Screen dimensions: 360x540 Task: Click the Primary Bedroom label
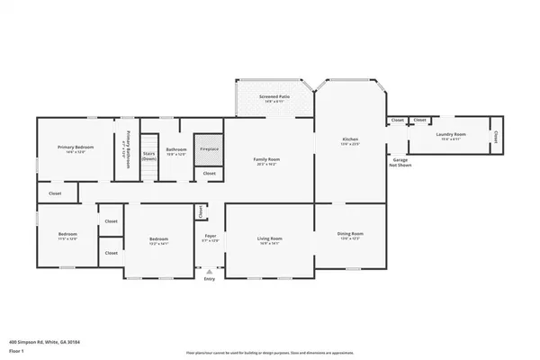pyautogui.click(x=76, y=148)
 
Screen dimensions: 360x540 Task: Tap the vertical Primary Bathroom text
pyautogui.click(x=128, y=147)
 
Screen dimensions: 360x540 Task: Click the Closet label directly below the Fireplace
pyautogui.click(x=209, y=173)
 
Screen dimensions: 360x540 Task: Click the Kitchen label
pyautogui.click(x=350, y=139)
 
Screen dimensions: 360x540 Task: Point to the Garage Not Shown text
pyautogui.click(x=399, y=163)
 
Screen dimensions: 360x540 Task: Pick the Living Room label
pyautogui.click(x=270, y=238)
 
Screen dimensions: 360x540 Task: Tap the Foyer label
pyautogui.click(x=209, y=238)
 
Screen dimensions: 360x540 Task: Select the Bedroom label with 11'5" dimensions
pyautogui.click(x=67, y=234)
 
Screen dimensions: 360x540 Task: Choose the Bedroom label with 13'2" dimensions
pyautogui.click(x=159, y=239)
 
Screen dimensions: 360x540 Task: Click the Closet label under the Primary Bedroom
pyautogui.click(x=55, y=192)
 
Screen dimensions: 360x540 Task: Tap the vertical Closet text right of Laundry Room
pyautogui.click(x=496, y=138)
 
